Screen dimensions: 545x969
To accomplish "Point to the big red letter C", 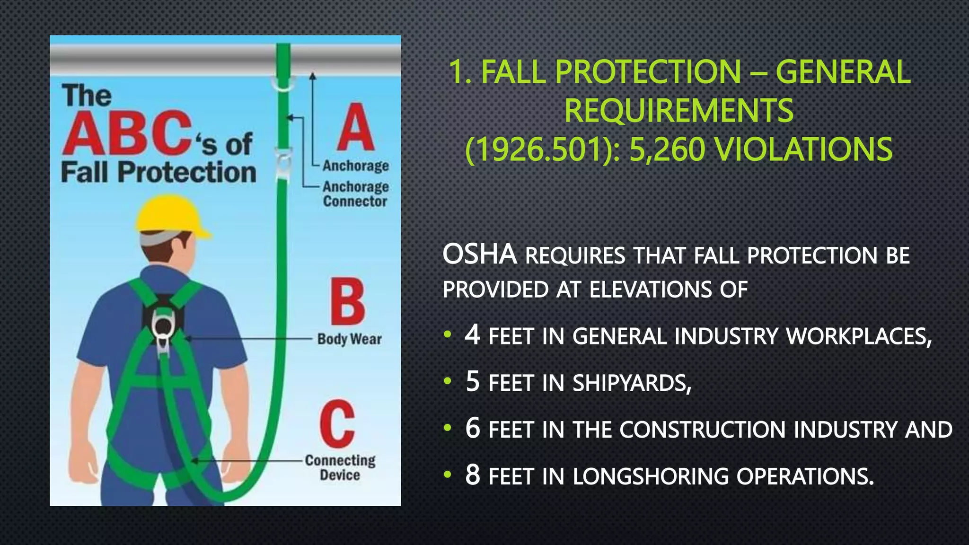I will pyautogui.click(x=337, y=423).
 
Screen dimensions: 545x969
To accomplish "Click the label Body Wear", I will pyautogui.click(x=349, y=339).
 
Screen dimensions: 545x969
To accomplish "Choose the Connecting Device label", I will pyautogui.click(x=340, y=467).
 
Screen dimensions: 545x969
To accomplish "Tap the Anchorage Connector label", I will pyautogui.click(x=356, y=194).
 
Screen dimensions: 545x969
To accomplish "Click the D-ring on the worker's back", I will pyautogui.click(x=162, y=326).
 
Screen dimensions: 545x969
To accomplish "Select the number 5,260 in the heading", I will pyautogui.click(x=667, y=149).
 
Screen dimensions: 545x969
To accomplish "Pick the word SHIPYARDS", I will pyautogui.click(x=632, y=383).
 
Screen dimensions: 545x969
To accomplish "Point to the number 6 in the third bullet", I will pyautogui.click(x=472, y=428).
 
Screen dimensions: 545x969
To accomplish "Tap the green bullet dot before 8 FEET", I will pyautogui.click(x=448, y=475).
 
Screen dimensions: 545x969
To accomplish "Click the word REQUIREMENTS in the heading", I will pyautogui.click(x=678, y=111).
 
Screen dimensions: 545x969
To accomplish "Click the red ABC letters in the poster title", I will pyautogui.click(x=127, y=133).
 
